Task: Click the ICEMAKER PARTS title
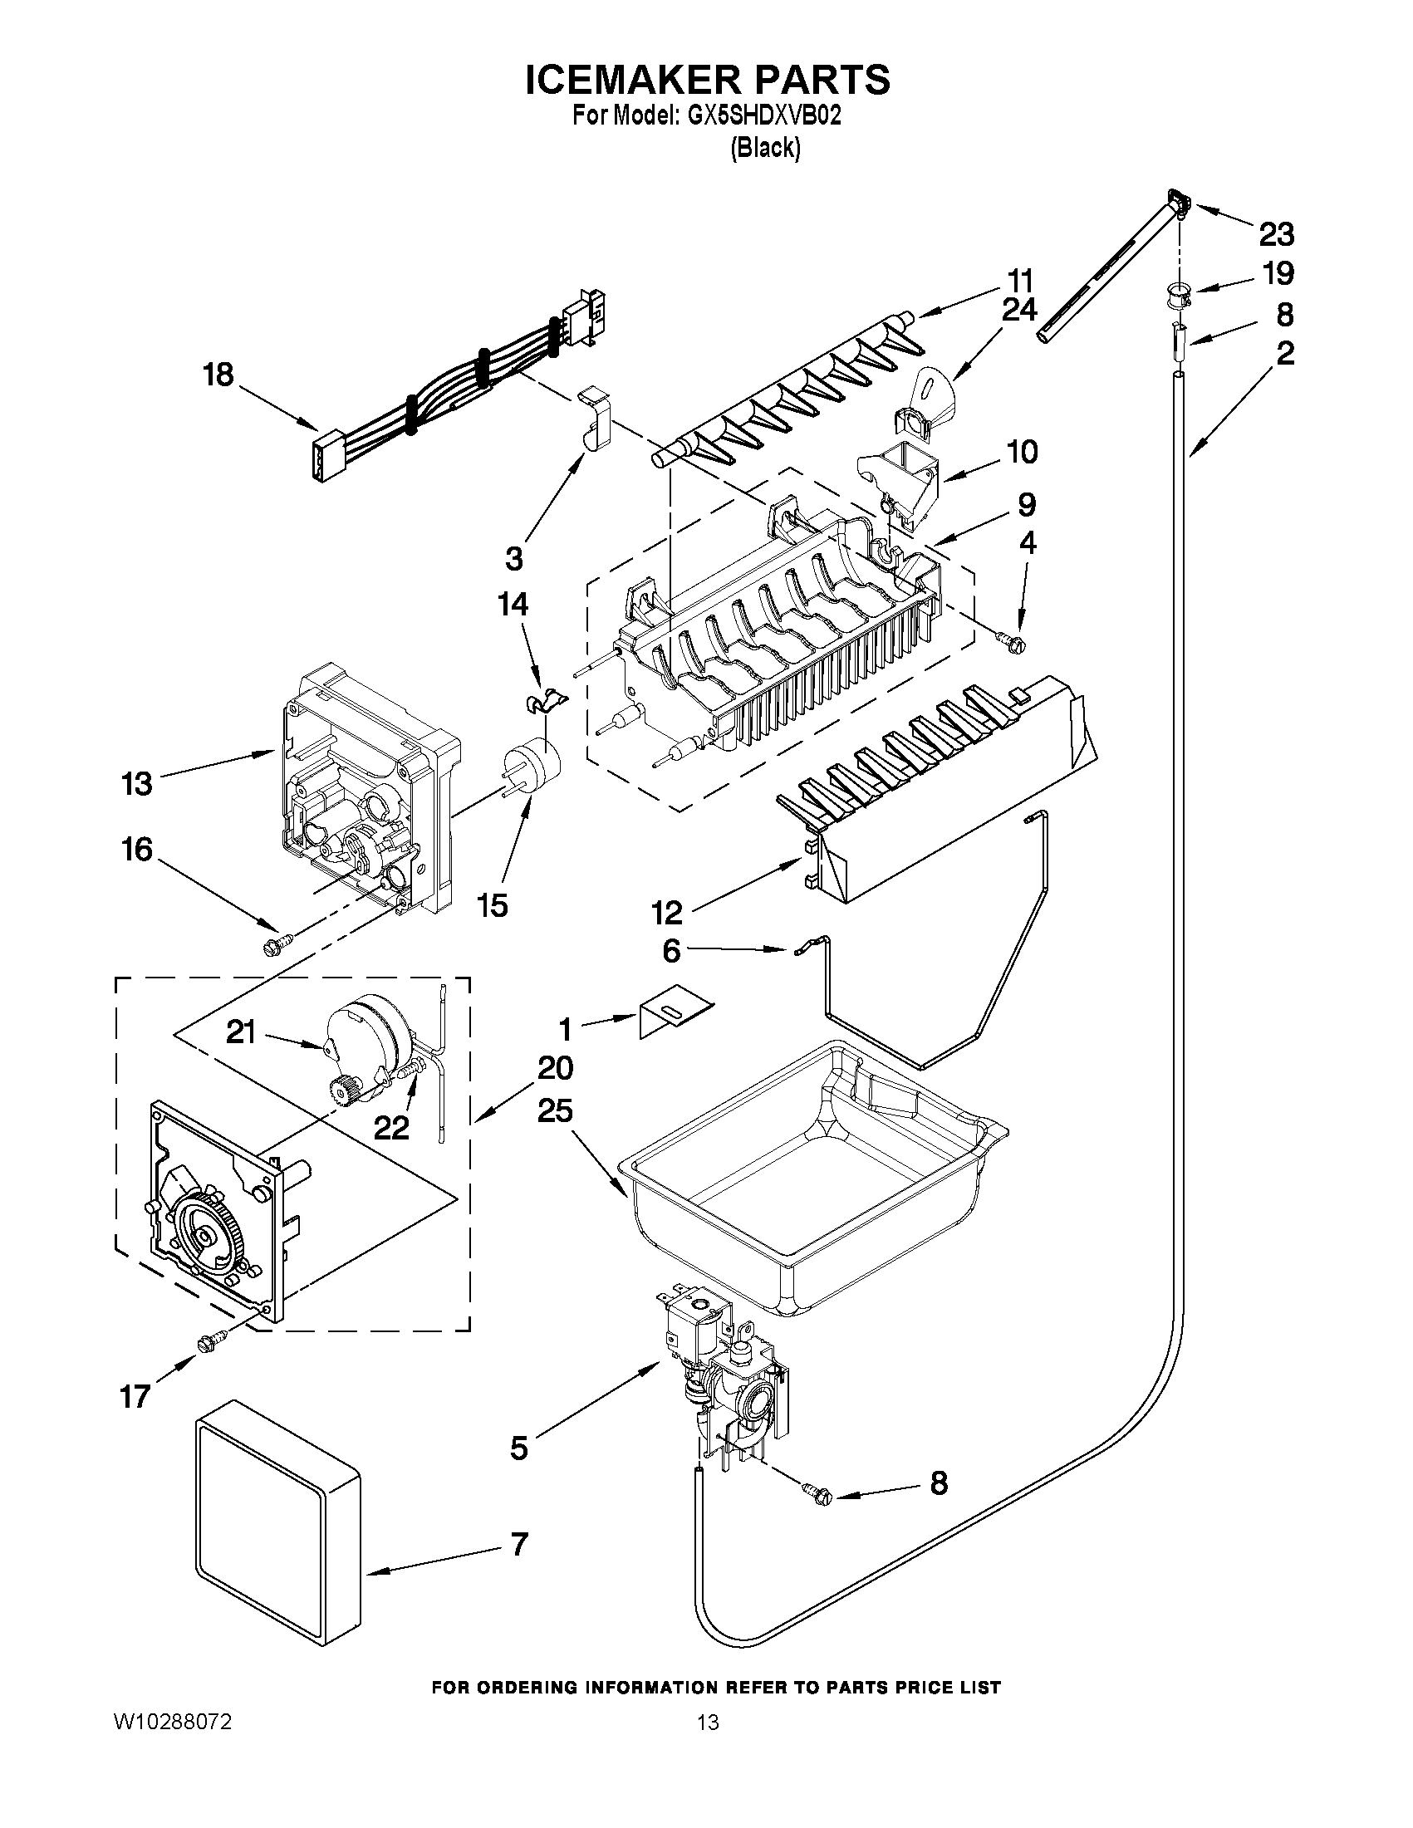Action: tap(708, 80)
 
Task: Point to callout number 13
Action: tap(137, 784)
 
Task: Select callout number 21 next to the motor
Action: tap(241, 1033)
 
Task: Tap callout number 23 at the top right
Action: tap(1276, 235)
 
